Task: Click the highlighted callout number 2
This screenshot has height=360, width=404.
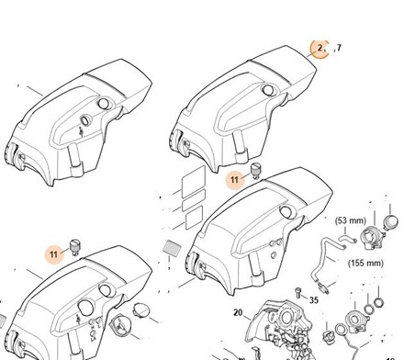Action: [x=320, y=48]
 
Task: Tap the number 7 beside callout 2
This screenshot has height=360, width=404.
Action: [x=339, y=48]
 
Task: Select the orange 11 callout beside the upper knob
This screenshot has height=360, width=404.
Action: [x=234, y=180]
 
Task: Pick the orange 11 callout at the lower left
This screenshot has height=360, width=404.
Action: [x=53, y=254]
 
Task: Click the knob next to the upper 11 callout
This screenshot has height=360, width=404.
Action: [x=255, y=171]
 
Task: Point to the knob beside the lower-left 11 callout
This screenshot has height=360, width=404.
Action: [x=75, y=247]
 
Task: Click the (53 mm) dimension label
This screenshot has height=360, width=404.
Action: [x=351, y=220]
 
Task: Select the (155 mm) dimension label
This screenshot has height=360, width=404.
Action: [x=365, y=263]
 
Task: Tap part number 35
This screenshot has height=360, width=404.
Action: [x=314, y=300]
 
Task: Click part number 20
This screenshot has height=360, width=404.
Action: [x=238, y=312]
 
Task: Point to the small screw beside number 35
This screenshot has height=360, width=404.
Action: [x=297, y=292]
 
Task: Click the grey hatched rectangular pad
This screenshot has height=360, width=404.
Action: [x=173, y=247]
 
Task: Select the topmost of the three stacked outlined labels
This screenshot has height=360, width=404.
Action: [x=194, y=182]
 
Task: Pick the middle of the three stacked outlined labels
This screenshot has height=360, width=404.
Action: [x=194, y=200]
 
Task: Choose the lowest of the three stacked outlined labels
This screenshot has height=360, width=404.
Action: [x=195, y=218]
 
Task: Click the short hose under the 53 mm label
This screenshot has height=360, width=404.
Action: [x=347, y=238]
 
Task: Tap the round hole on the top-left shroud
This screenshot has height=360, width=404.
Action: [x=104, y=103]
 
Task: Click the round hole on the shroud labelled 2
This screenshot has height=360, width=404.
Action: [x=268, y=89]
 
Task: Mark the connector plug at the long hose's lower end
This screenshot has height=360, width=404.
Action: [x=324, y=288]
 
